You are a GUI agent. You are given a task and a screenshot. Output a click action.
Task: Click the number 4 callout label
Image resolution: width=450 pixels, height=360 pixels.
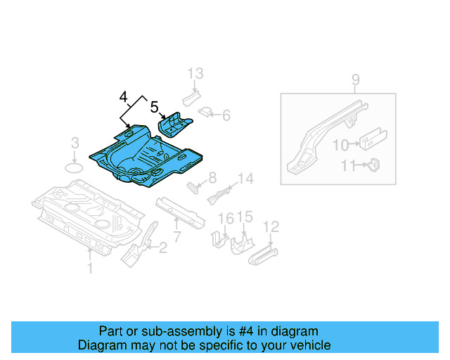124,96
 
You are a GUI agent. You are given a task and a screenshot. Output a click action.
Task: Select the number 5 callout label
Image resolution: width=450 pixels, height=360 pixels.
155,107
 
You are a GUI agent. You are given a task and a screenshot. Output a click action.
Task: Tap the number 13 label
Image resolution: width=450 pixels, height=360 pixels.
195,74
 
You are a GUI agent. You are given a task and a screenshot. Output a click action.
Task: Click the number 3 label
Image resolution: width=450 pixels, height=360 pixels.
75,145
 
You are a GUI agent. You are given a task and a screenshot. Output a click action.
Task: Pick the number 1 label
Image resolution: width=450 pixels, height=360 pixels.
89,268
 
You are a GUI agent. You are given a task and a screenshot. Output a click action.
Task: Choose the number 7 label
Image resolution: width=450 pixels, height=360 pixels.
177,237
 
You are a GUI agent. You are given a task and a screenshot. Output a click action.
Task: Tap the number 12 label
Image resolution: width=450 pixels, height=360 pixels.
271,226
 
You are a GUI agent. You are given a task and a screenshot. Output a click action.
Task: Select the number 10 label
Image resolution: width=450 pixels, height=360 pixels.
340,145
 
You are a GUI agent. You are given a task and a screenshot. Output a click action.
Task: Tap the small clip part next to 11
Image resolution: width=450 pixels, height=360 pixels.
374,165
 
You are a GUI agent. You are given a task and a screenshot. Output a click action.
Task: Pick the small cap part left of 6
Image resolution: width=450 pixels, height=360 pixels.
206,110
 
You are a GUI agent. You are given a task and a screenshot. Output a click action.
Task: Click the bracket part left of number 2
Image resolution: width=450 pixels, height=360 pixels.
135,252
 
